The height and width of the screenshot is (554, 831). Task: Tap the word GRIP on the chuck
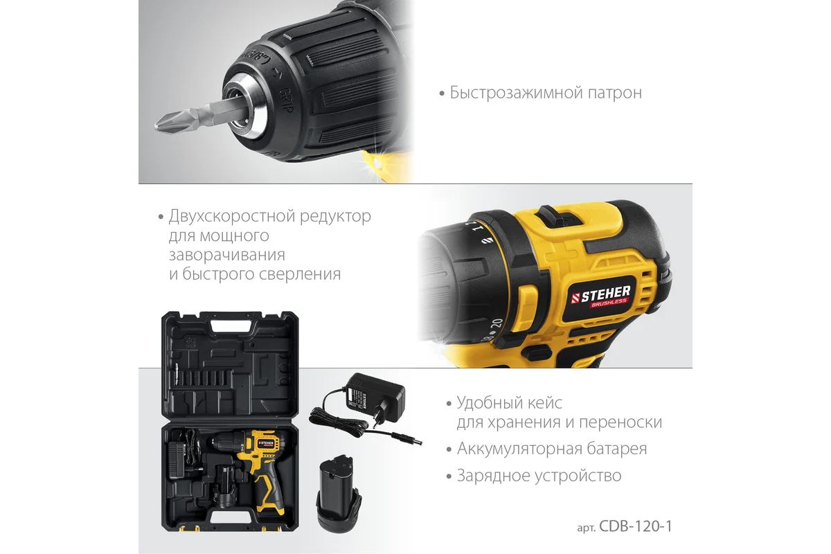tap(287, 100)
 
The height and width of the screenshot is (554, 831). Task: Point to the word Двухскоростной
tap(231, 217)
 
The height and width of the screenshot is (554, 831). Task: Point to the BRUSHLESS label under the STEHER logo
tap(609, 303)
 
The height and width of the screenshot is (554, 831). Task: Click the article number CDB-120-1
tap(635, 526)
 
